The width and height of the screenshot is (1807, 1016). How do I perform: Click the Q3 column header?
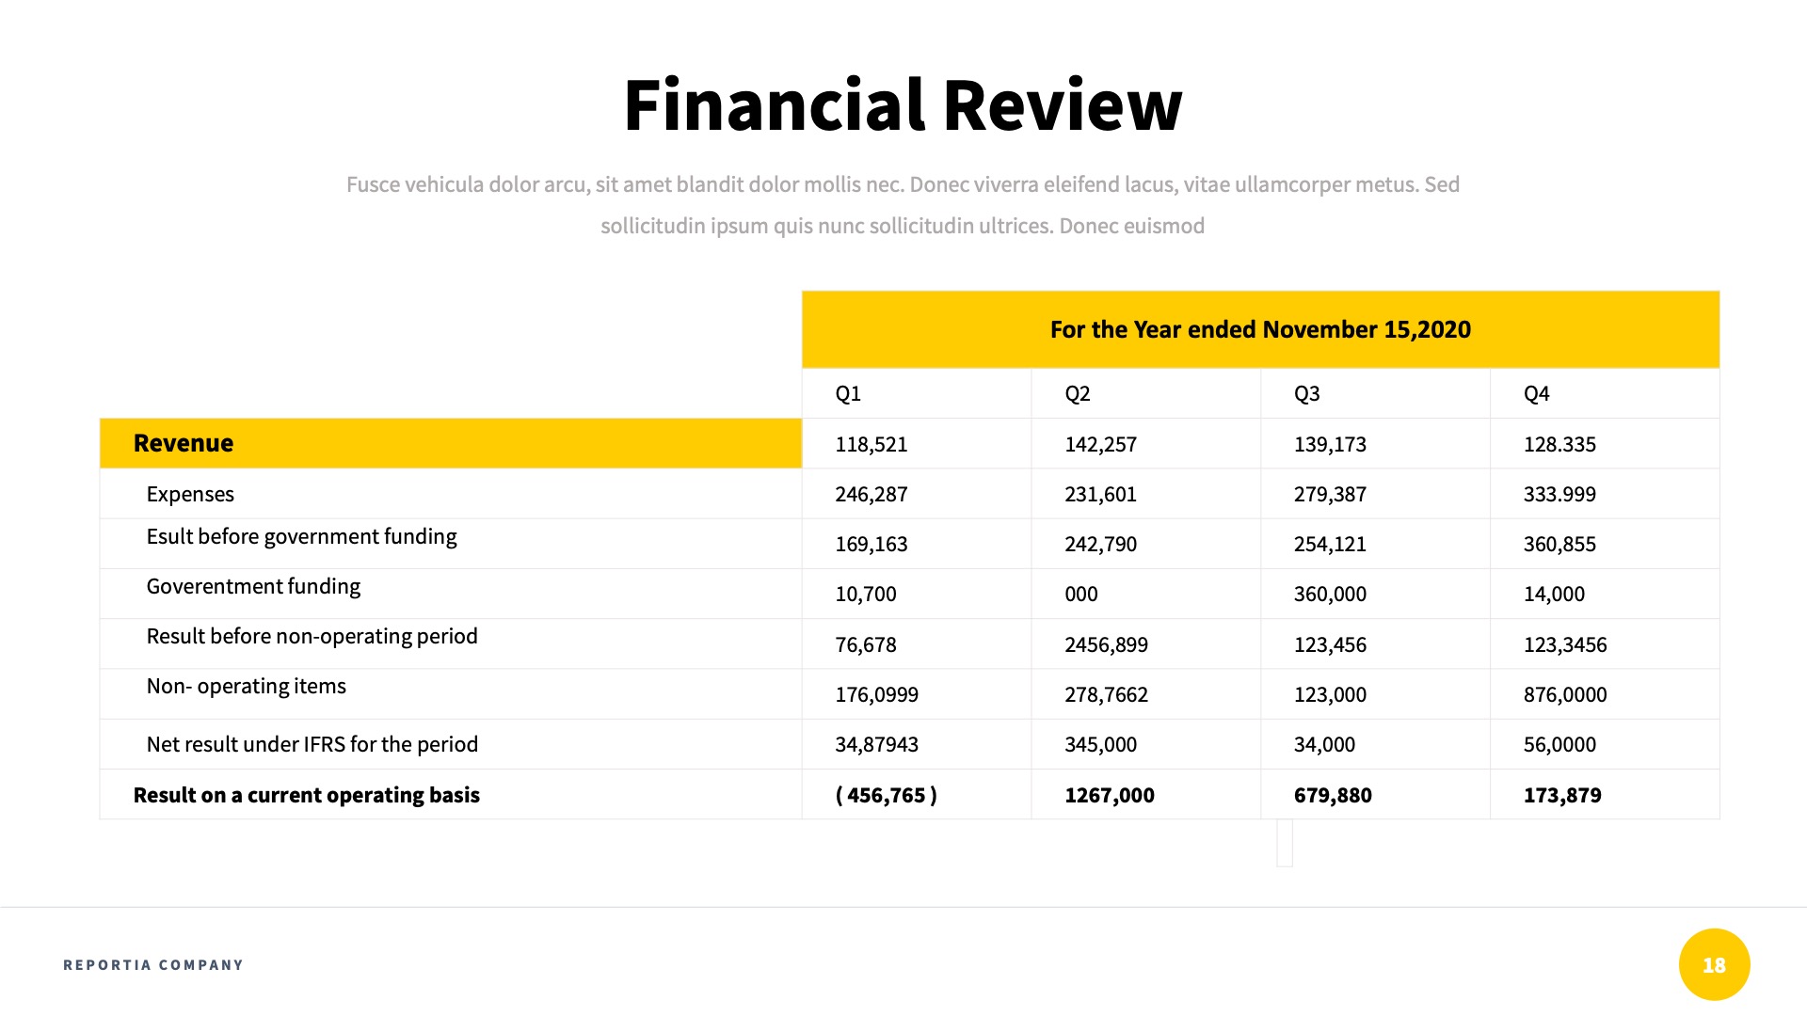(x=1306, y=393)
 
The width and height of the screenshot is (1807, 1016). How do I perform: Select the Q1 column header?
(x=848, y=393)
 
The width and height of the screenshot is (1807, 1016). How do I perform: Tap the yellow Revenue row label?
(x=184, y=443)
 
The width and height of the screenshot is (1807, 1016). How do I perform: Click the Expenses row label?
(x=190, y=494)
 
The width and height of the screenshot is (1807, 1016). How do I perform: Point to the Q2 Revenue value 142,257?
(x=1100, y=444)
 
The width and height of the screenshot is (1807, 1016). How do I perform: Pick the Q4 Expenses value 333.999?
(x=1559, y=494)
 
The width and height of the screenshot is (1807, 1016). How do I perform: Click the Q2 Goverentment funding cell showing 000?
(x=1081, y=594)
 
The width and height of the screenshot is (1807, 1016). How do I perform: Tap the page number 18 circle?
(x=1714, y=964)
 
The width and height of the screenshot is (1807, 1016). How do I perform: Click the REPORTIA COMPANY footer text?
(x=153, y=964)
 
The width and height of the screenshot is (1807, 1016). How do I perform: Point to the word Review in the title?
(x=1062, y=104)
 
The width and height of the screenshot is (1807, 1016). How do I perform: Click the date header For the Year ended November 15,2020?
(x=1260, y=329)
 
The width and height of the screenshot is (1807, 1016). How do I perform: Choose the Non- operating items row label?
(x=247, y=686)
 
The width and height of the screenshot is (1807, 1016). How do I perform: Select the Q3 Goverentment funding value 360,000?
(x=1330, y=594)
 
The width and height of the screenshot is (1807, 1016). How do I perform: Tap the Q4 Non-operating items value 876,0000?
(x=1565, y=694)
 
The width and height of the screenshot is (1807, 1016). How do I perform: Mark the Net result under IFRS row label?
(x=312, y=744)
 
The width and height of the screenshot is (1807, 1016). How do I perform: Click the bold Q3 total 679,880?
(x=1333, y=795)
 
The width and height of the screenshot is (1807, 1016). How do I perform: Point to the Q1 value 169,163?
(x=872, y=544)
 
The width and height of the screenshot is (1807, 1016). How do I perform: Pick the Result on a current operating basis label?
(x=307, y=795)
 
